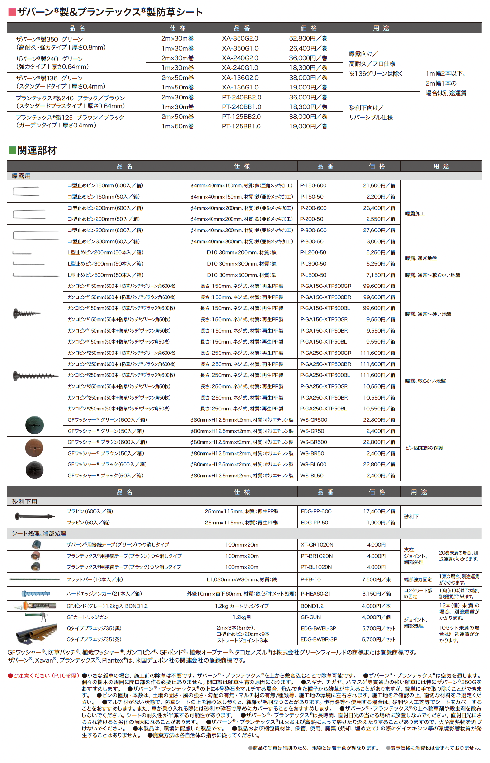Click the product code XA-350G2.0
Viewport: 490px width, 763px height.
coord(240,38)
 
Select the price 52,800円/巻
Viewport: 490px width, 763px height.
coord(308,38)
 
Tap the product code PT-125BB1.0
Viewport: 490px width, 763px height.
coord(241,126)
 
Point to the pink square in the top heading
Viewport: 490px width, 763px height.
coord(12,12)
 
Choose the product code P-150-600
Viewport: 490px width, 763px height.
coord(313,185)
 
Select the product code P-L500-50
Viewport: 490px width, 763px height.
coord(313,275)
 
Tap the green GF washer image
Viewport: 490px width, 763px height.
coord(34,425)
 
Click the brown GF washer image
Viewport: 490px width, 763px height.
coord(34,447)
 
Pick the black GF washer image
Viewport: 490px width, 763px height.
coord(34,470)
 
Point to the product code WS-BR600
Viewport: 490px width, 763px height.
coord(314,442)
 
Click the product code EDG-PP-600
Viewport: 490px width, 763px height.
coord(316,511)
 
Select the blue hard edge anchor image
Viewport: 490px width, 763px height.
coord(35,593)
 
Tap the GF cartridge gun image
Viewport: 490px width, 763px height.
coord(36,617)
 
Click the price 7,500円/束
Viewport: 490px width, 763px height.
coord(376,579)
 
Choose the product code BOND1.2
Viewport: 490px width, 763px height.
coord(312,606)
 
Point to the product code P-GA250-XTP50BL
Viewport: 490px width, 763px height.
coord(324,409)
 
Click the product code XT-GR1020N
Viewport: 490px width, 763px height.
coord(317,545)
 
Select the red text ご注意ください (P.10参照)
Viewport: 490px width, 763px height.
coord(43,675)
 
